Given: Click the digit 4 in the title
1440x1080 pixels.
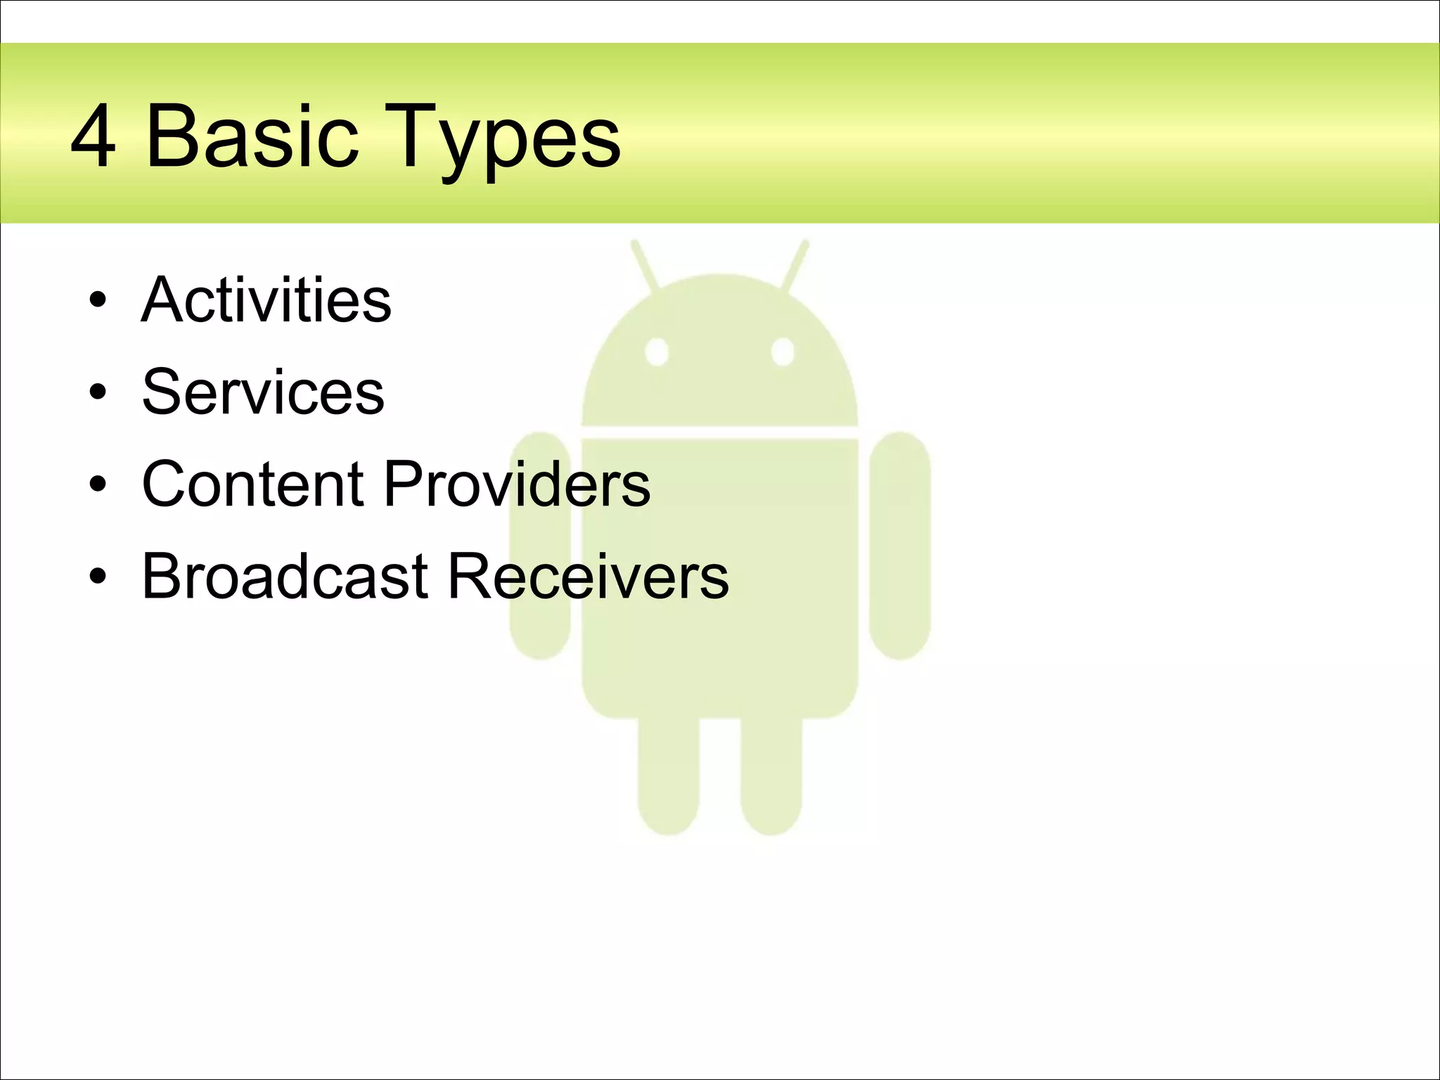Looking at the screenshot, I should tap(93, 136).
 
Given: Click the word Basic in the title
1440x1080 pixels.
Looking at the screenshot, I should tap(251, 136).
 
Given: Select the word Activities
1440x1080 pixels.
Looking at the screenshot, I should tap(266, 300).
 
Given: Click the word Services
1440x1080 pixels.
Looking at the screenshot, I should tap(263, 392).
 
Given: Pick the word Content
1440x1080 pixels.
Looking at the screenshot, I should tap(252, 484).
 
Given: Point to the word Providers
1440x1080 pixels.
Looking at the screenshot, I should tap(517, 484).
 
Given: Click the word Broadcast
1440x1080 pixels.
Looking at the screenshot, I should tap(285, 576).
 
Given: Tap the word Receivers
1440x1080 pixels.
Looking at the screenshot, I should tap(588, 576).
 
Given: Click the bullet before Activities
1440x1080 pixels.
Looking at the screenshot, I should tap(98, 302).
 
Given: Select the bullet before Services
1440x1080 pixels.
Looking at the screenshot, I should tap(98, 393).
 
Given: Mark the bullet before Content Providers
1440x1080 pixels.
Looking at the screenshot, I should tap(98, 484).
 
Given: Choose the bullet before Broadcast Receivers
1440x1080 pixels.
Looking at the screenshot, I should tap(98, 577).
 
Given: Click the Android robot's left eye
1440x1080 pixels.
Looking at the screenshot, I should tap(657, 352).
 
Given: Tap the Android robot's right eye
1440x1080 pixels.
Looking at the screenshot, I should tap(783, 352).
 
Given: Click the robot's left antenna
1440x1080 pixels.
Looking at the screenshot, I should tap(645, 266).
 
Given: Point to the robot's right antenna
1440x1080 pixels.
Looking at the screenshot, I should tap(795, 266).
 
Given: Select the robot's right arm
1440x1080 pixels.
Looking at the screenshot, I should tap(900, 545).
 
